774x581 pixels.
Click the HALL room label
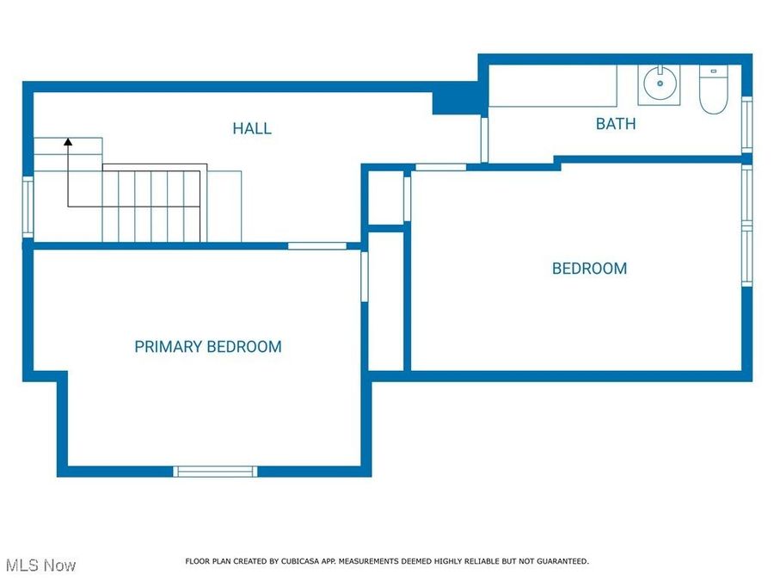click(x=252, y=128)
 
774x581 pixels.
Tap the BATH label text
click(x=616, y=123)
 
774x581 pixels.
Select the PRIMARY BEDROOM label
click(x=208, y=347)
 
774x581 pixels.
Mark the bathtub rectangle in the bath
click(x=553, y=86)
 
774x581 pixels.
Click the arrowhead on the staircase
click(x=68, y=141)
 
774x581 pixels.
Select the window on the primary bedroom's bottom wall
click(x=215, y=471)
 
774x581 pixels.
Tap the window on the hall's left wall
click(x=28, y=207)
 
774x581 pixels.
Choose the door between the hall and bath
click(x=484, y=139)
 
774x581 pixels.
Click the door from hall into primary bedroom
click(x=317, y=246)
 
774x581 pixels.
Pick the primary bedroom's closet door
click(x=365, y=275)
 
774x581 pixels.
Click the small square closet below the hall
click(x=385, y=199)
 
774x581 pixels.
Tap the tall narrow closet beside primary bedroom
click(x=386, y=300)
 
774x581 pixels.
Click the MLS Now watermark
click(x=41, y=566)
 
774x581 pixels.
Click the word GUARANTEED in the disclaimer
click(x=560, y=561)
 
